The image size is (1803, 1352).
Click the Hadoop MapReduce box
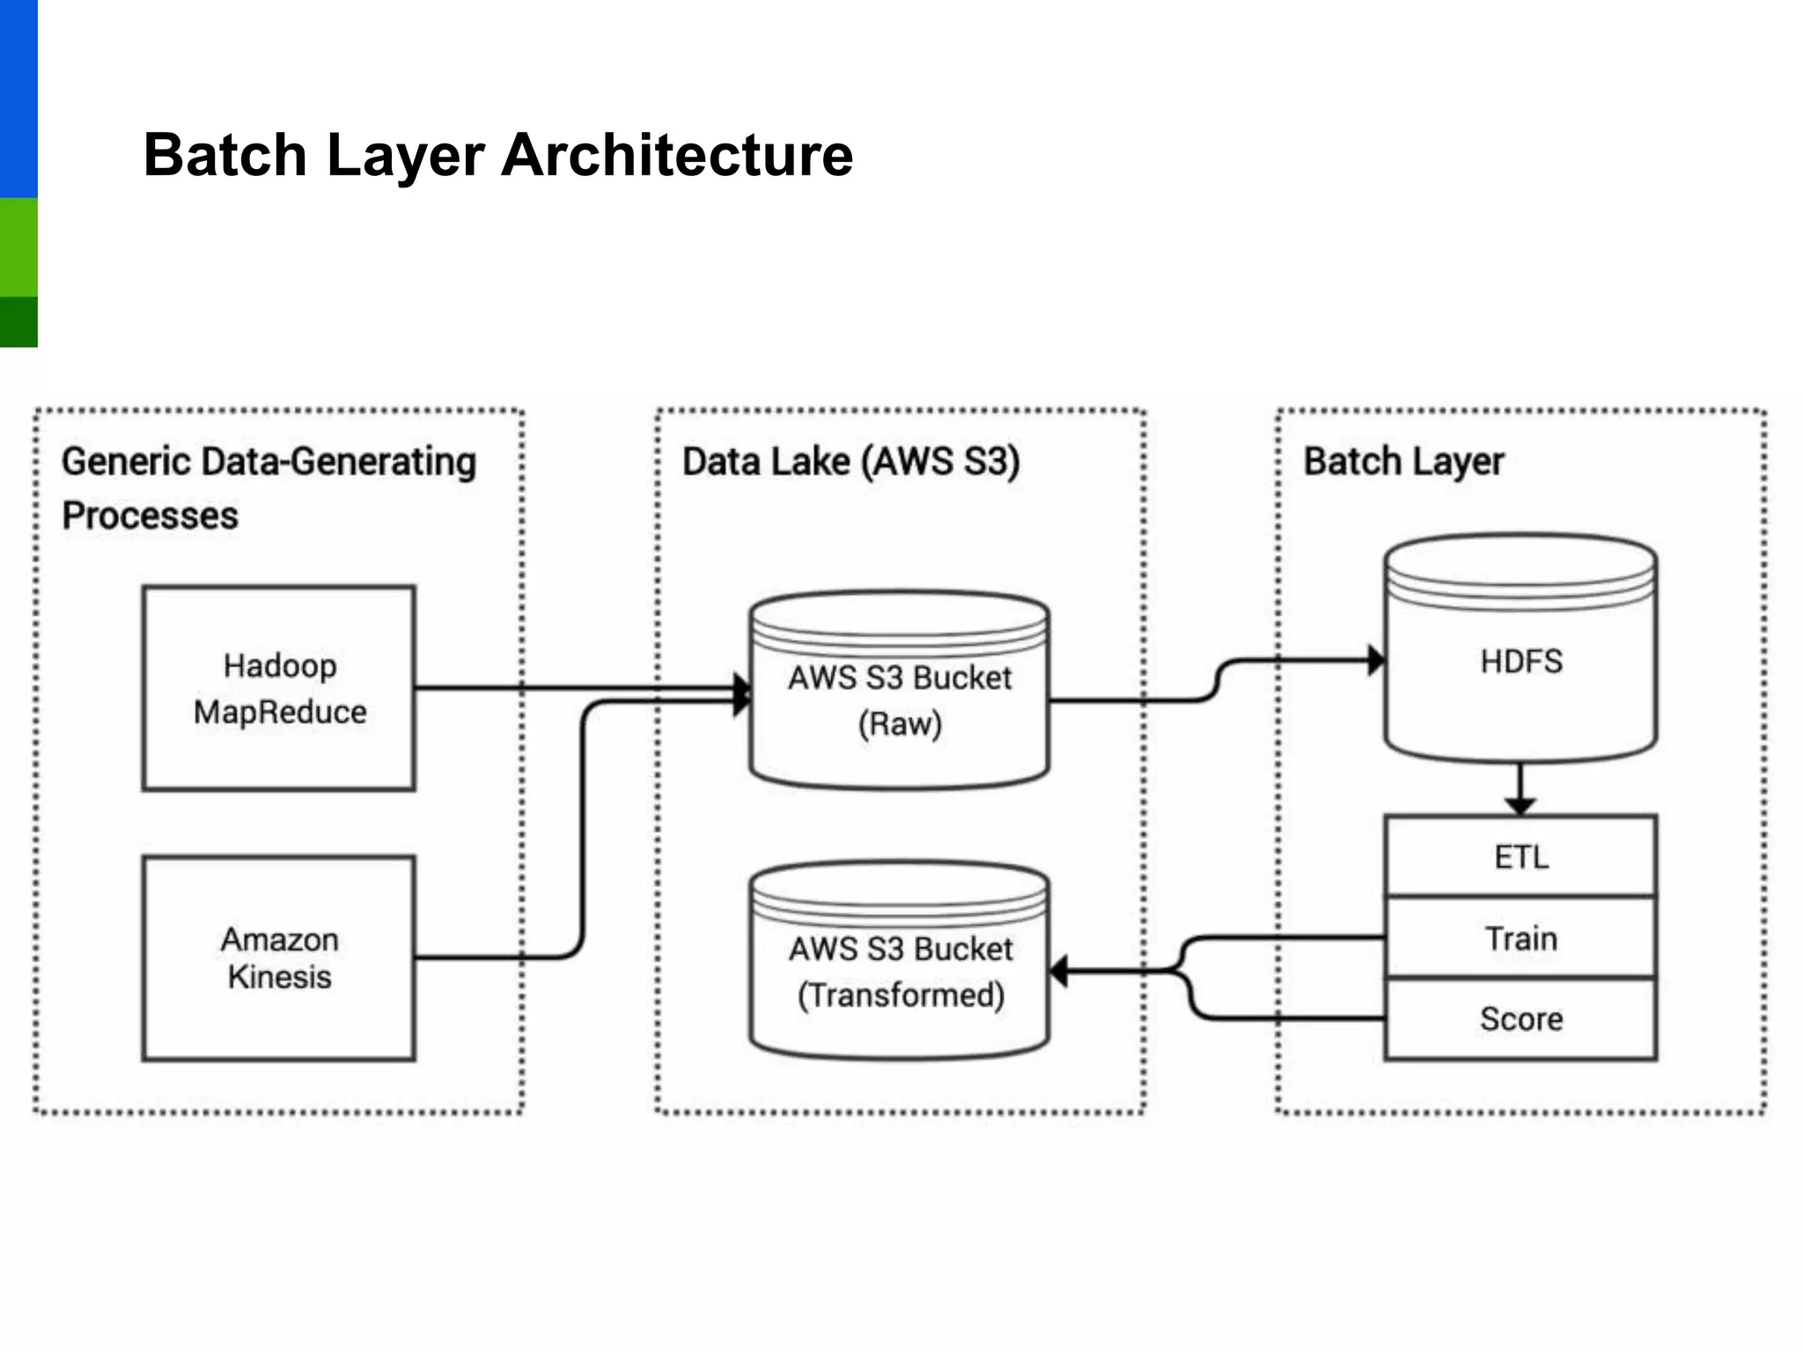(279, 688)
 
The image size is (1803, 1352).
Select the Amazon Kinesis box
(279, 958)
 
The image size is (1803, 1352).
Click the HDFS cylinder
(1520, 660)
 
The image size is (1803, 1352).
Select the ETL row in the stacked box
(1520, 856)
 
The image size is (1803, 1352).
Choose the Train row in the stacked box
(1520, 938)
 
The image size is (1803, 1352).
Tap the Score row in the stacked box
(1520, 1018)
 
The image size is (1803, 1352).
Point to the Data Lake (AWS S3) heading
(850, 462)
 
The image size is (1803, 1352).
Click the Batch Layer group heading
(1403, 462)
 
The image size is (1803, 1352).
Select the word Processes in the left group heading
(150, 516)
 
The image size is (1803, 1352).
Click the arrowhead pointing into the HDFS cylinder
(1376, 660)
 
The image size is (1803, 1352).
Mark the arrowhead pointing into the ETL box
(1520, 805)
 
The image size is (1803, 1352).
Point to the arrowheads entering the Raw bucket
(742, 694)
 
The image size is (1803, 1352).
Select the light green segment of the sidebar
(18, 247)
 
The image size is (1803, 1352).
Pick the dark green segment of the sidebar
(18, 322)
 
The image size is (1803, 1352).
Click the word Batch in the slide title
(224, 155)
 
